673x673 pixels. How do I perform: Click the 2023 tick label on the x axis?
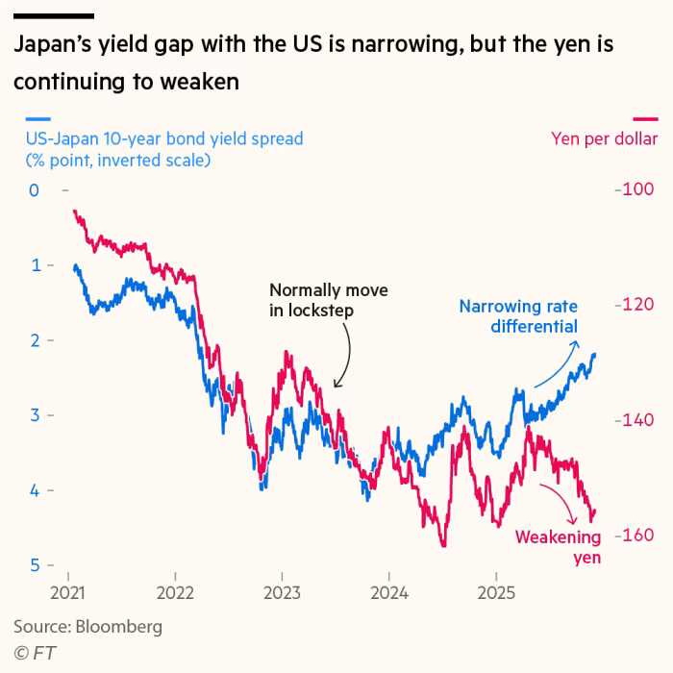(x=281, y=592)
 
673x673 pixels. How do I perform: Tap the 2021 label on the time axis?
(x=68, y=592)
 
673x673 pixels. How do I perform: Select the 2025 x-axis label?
(x=494, y=592)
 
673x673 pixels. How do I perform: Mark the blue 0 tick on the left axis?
(x=34, y=190)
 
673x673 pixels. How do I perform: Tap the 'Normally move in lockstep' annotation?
(x=315, y=300)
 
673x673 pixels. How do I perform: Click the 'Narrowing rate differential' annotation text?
(x=518, y=316)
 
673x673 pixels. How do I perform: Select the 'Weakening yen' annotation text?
(x=558, y=547)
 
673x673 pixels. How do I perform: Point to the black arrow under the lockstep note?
(x=343, y=356)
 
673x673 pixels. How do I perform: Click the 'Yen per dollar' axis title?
(x=604, y=138)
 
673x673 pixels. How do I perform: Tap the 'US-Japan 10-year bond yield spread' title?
(x=163, y=138)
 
